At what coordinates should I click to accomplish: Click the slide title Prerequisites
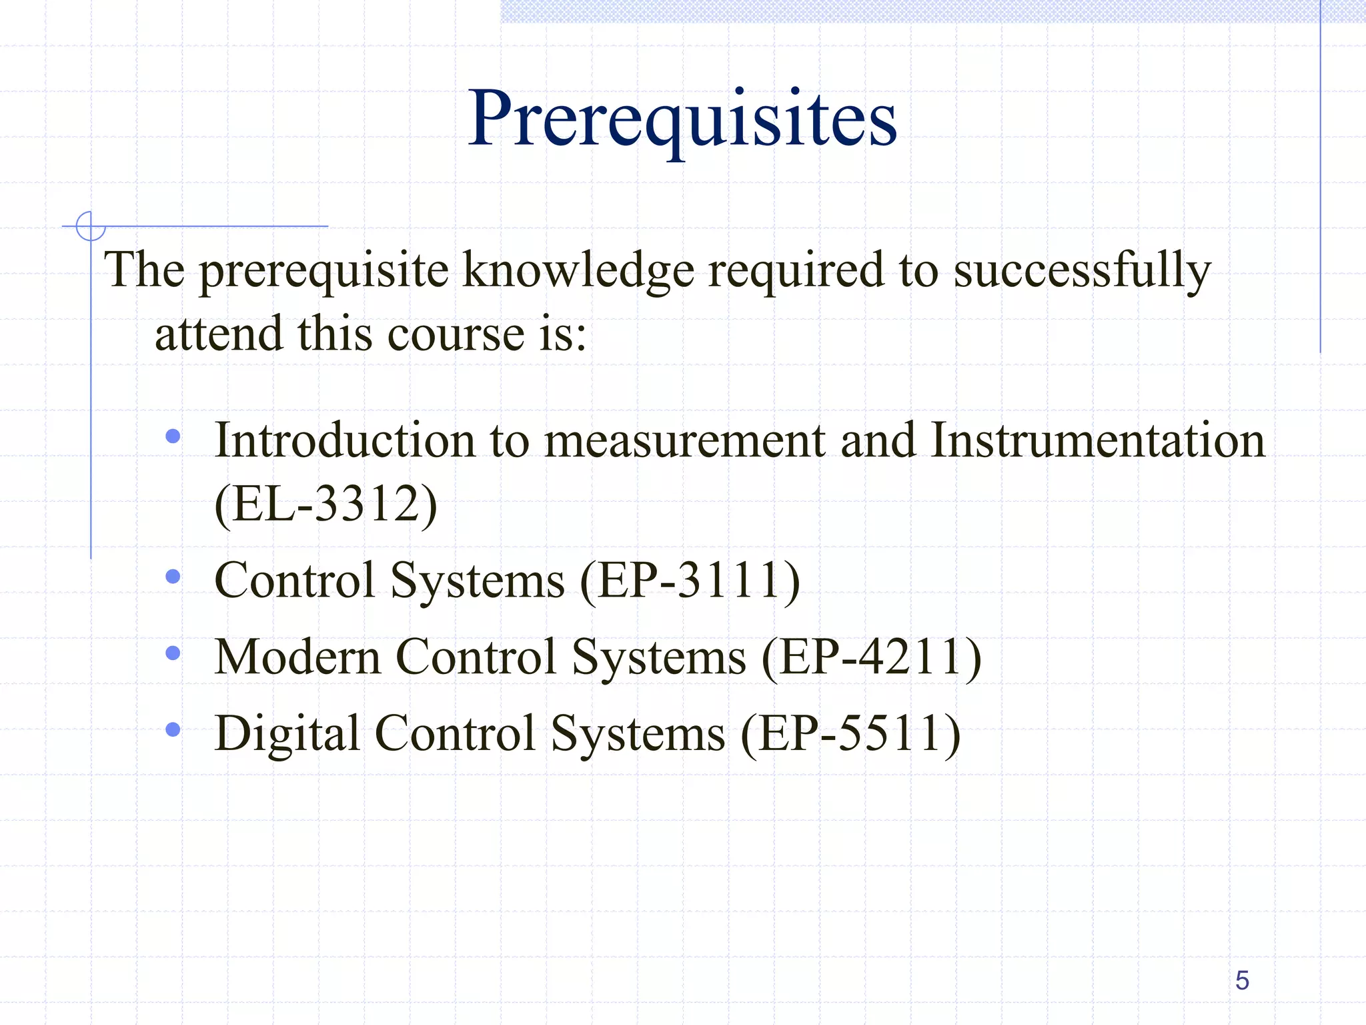[682, 120]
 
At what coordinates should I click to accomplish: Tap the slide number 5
[1242, 980]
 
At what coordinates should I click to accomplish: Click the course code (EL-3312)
[325, 504]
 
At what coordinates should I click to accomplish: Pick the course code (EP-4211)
[872, 657]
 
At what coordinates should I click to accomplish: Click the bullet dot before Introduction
[173, 436]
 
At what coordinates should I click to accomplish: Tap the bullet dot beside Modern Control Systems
[173, 653]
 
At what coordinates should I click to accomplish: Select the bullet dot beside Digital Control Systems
[173, 729]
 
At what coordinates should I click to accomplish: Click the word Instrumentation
[1097, 440]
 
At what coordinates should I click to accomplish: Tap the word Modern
[297, 657]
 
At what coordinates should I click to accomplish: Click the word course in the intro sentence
[456, 334]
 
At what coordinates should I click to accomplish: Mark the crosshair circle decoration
[90, 226]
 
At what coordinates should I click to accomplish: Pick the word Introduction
[344, 440]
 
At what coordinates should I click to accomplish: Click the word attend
[219, 334]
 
